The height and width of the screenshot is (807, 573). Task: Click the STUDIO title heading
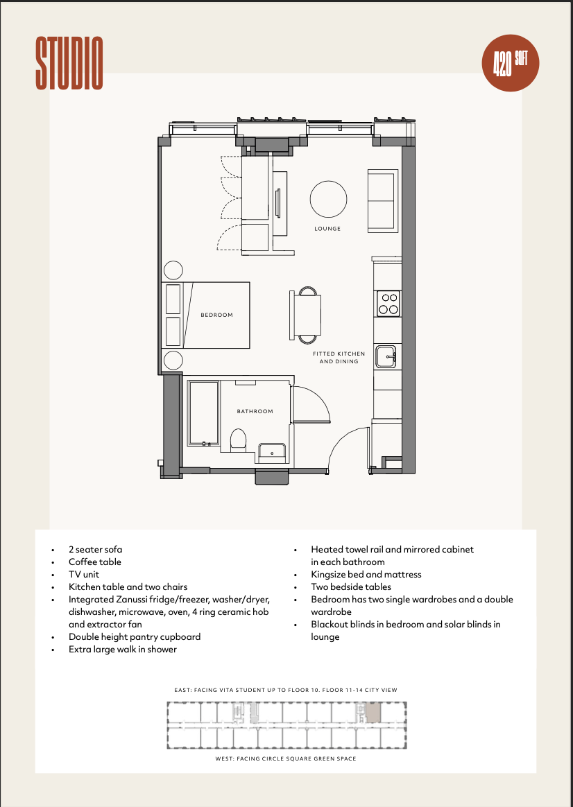(69, 63)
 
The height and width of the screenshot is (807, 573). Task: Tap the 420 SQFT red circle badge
(510, 63)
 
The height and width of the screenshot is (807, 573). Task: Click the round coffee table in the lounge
(328, 199)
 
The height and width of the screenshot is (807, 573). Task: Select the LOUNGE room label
(327, 229)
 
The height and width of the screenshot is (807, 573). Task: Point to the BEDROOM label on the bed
(216, 315)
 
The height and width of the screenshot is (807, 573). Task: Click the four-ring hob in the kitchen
(388, 304)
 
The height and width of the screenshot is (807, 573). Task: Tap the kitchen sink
(386, 356)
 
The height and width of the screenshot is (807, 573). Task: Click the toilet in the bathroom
(238, 440)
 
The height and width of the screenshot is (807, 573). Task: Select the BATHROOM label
(255, 411)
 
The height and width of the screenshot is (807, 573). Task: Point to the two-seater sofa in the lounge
(383, 201)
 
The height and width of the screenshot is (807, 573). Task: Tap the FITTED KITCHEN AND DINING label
(339, 358)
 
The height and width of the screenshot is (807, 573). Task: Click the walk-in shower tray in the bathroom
(203, 413)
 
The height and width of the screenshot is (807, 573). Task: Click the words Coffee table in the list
(95, 562)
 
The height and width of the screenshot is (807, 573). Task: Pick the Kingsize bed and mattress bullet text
(366, 574)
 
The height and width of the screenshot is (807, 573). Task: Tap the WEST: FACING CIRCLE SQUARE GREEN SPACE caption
(286, 758)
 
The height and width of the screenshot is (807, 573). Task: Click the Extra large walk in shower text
(123, 650)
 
